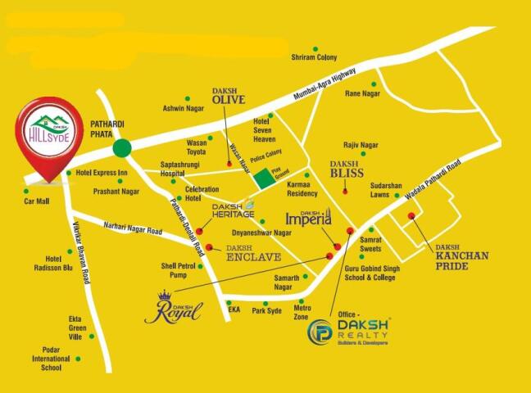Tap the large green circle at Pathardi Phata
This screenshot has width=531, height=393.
(x=122, y=148)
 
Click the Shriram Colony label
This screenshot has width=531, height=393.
(x=315, y=57)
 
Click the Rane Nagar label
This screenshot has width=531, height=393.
(x=362, y=93)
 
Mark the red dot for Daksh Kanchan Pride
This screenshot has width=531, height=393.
(x=411, y=216)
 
